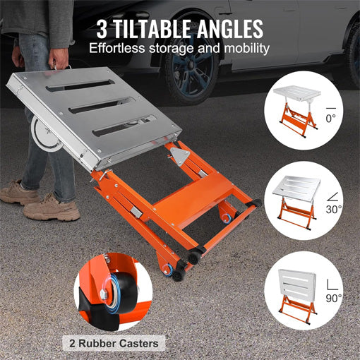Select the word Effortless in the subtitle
tap(121, 49)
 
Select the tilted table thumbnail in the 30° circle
tap(295, 197)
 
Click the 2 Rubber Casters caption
tap(119, 344)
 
